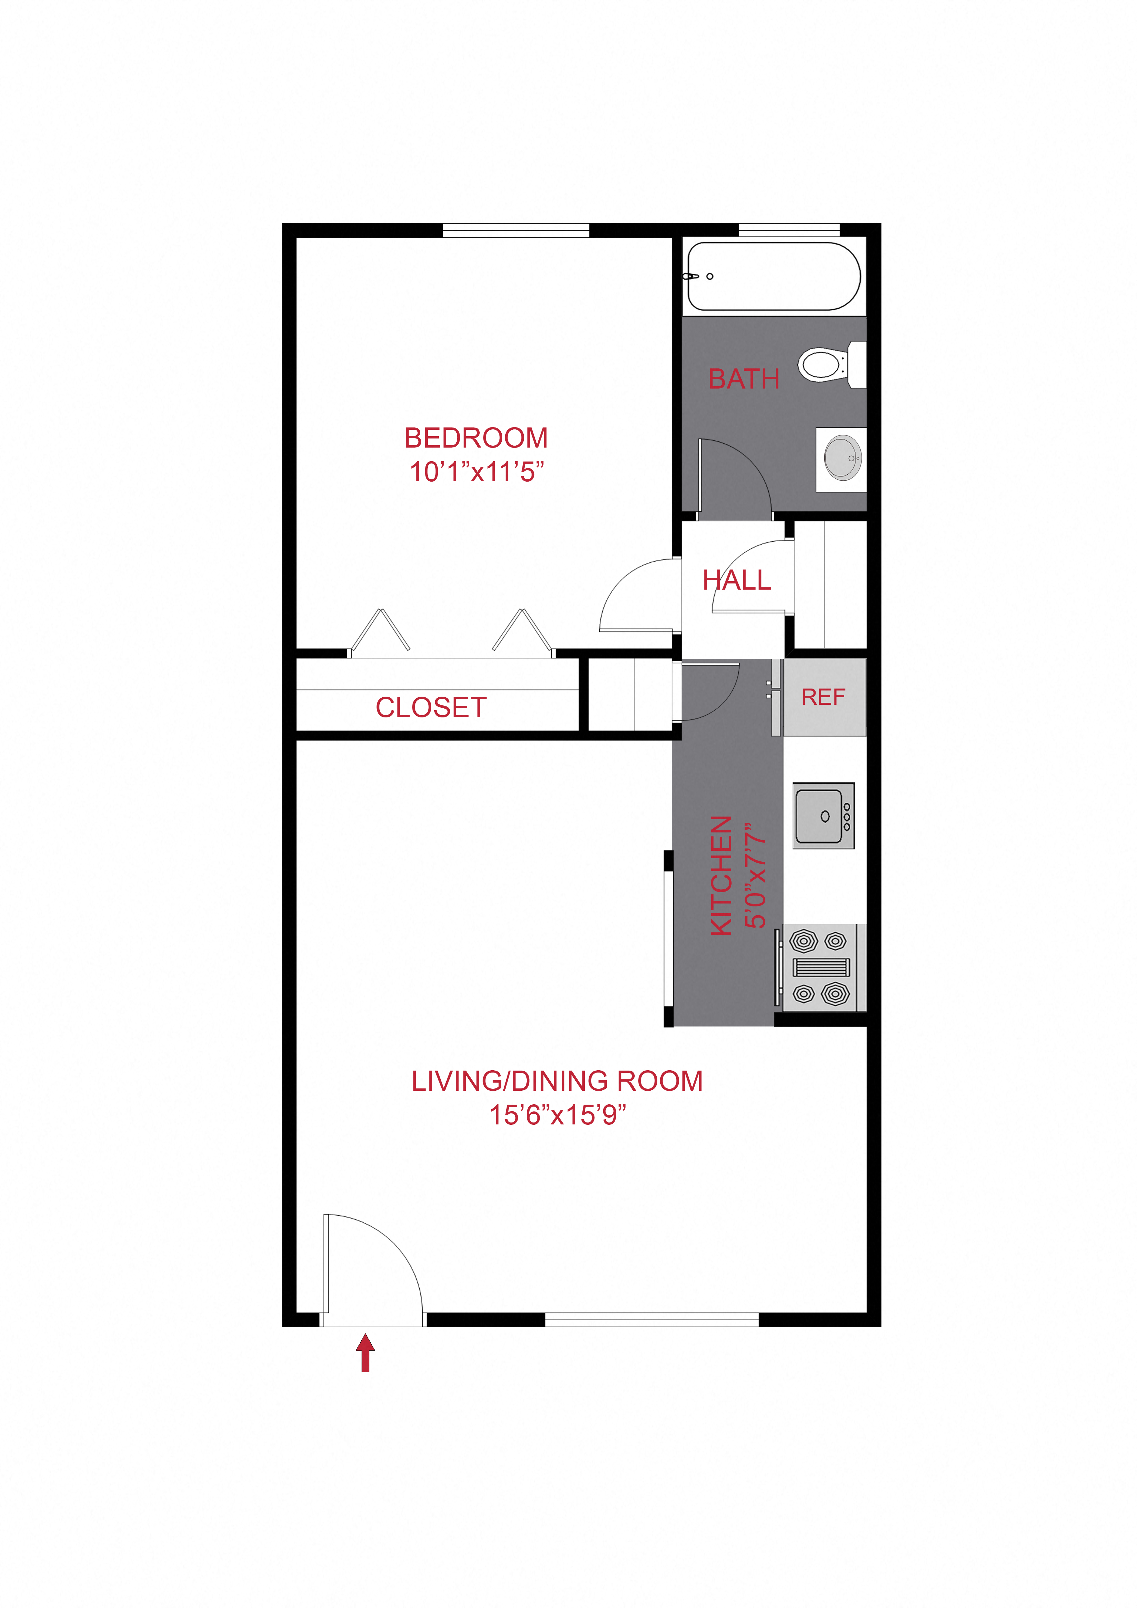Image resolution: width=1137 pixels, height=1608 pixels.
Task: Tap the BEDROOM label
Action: click(x=476, y=438)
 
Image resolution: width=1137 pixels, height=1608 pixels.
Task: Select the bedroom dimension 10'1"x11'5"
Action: click(x=476, y=472)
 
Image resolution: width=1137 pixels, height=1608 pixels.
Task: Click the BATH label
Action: click(x=744, y=379)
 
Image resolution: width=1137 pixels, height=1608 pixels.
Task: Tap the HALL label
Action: click(x=736, y=580)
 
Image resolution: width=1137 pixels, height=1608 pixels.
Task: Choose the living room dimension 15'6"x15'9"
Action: click(x=557, y=1115)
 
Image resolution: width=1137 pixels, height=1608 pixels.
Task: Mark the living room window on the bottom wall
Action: click(x=652, y=1319)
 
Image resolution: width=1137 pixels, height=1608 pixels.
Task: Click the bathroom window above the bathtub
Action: click(x=789, y=230)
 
